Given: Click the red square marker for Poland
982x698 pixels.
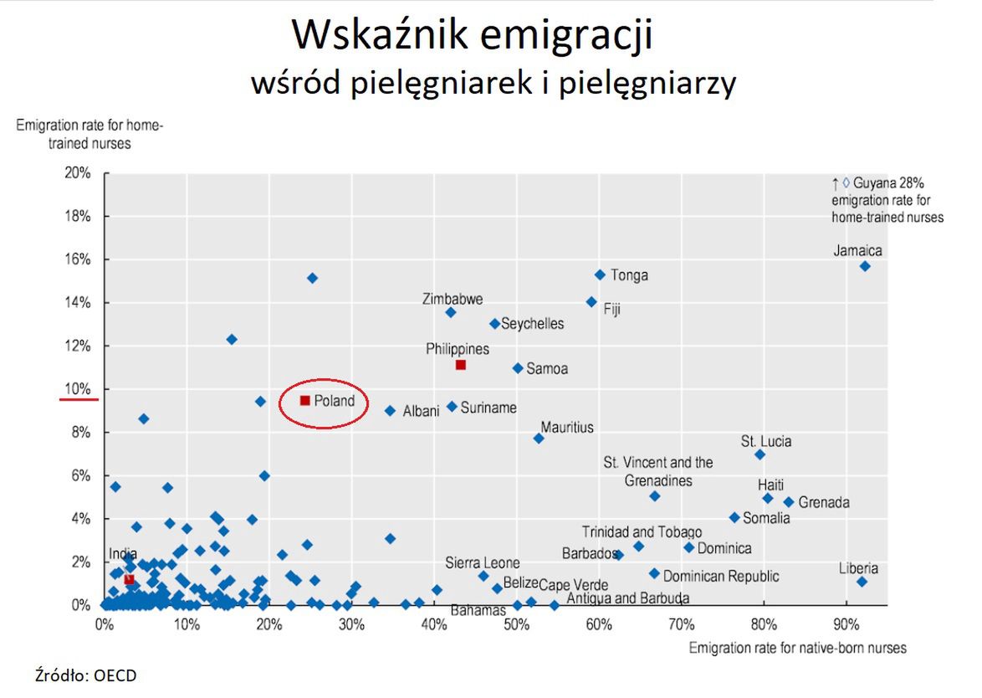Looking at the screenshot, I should tap(304, 400).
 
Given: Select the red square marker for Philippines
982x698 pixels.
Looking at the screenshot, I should tap(460, 365).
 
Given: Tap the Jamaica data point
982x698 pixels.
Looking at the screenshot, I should tap(865, 266).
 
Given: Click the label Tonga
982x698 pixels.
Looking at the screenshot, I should tap(629, 275).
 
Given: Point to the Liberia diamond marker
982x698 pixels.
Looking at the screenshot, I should tap(862, 582).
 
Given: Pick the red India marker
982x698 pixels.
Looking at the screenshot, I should tap(129, 579).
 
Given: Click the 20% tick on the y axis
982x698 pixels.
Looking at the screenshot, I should tap(78, 173).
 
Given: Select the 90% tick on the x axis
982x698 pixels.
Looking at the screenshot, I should tap(846, 624).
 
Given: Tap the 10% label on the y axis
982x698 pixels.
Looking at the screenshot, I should tap(78, 389).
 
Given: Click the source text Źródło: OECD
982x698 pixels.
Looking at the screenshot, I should tap(85, 675).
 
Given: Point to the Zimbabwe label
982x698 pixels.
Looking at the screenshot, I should tap(453, 299).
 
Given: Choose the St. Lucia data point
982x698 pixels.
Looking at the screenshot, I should tap(760, 454).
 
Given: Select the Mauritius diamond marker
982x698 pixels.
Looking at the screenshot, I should tap(539, 439).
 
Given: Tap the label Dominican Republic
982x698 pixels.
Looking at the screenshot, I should tap(720, 576).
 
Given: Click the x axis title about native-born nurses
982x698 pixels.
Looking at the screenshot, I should tap(797, 648).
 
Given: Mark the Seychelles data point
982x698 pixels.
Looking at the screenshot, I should tap(494, 323).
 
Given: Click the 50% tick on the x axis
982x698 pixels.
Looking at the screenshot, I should tap(516, 624).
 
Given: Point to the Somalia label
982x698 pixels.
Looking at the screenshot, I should tap(766, 518).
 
